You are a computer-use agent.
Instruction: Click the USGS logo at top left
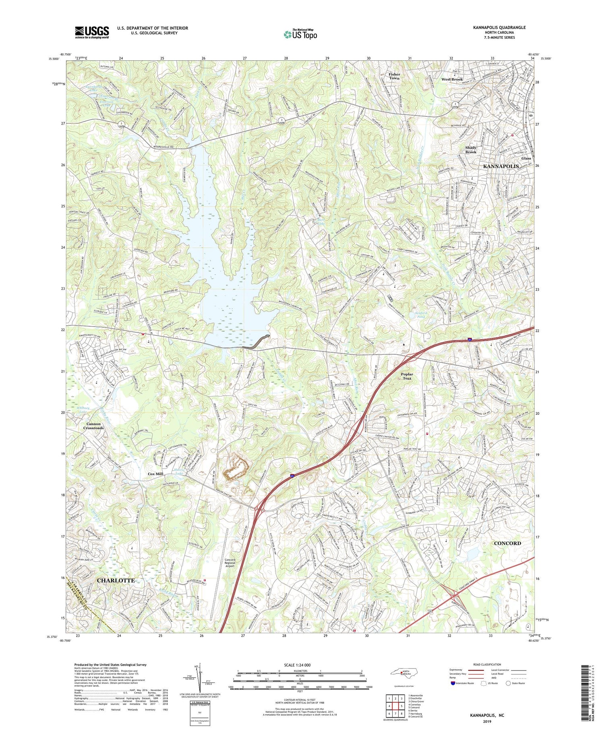[x=92, y=32]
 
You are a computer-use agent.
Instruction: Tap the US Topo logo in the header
[x=300, y=34]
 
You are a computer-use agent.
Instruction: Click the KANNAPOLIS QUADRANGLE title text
[x=499, y=27]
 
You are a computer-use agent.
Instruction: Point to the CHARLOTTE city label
[x=116, y=580]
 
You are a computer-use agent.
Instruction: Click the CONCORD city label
[x=507, y=543]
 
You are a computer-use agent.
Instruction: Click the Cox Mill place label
[x=155, y=474]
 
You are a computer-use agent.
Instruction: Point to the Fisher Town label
[x=394, y=76]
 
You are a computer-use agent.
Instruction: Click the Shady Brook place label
[x=471, y=150]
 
